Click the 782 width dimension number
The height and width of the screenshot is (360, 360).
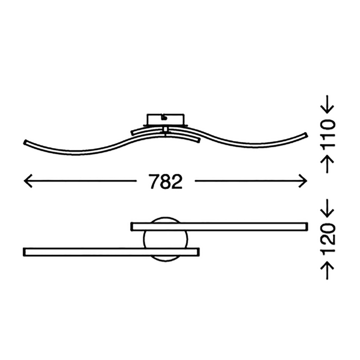tap(166, 181)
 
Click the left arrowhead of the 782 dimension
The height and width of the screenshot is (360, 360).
tap(28, 181)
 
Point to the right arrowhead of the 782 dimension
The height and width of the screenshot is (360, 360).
tap(303, 181)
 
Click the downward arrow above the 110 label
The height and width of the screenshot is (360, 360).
tap(327, 104)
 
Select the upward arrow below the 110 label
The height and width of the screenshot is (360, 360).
tap(327, 164)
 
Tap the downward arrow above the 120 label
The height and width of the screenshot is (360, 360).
tap(327, 208)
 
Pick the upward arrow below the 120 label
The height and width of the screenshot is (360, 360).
tap(327, 271)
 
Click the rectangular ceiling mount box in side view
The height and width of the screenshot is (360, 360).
tap(166, 119)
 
